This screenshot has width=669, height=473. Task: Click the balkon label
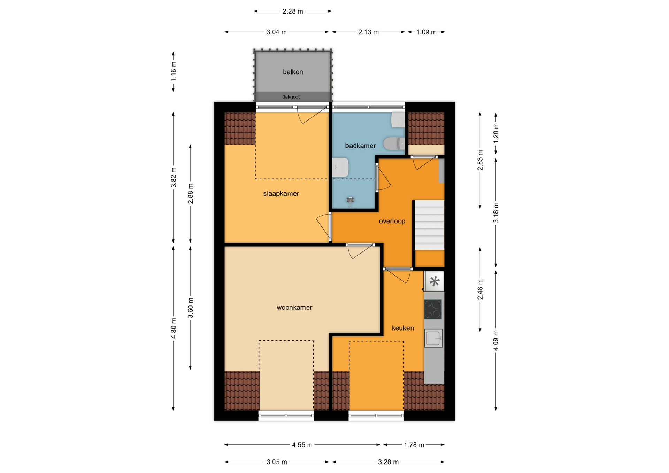pyautogui.click(x=293, y=72)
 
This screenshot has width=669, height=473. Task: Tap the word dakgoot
pyautogui.click(x=291, y=97)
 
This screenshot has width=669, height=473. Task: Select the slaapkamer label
pyautogui.click(x=281, y=194)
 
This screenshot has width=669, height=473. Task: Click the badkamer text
pyautogui.click(x=360, y=146)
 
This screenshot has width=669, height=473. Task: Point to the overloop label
pyautogui.click(x=392, y=221)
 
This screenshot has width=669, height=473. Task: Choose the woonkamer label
pyautogui.click(x=294, y=307)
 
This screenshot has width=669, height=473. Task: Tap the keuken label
pyautogui.click(x=403, y=328)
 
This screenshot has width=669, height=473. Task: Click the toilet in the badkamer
pyautogui.click(x=394, y=143)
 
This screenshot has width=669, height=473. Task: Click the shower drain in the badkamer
pyautogui.click(x=351, y=200)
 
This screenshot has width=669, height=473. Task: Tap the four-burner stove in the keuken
pyautogui.click(x=433, y=309)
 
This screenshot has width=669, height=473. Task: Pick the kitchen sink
pyautogui.click(x=433, y=338)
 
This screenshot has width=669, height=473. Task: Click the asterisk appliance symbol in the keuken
pyautogui.click(x=434, y=281)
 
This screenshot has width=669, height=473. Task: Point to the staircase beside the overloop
pyautogui.click(x=429, y=225)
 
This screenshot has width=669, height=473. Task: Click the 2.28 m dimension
pyautogui.click(x=293, y=11)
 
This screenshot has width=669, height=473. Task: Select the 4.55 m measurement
pyautogui.click(x=302, y=445)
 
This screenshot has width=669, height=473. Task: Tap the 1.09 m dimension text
pyautogui.click(x=426, y=32)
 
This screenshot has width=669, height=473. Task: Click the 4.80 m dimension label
pyautogui.click(x=174, y=328)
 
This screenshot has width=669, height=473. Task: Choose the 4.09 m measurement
pyautogui.click(x=496, y=340)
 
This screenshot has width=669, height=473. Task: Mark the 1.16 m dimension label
pyautogui.click(x=174, y=72)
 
